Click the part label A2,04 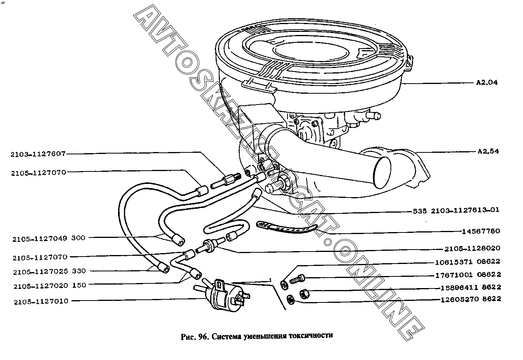(x=487, y=82)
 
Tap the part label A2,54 (x=488, y=151)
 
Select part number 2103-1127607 (x=38, y=154)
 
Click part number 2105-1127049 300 (x=49, y=239)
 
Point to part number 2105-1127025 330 (x=49, y=272)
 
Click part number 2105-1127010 (x=41, y=302)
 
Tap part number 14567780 (x=481, y=231)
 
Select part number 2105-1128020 (x=472, y=248)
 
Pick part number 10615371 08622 (x=468, y=262)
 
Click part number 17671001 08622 (x=468, y=275)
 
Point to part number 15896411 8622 (x=471, y=288)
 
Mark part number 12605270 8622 (x=471, y=299)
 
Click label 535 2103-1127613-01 (x=456, y=210)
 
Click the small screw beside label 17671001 (x=297, y=279)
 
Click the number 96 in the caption (x=203, y=337)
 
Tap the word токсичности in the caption (x=311, y=336)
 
